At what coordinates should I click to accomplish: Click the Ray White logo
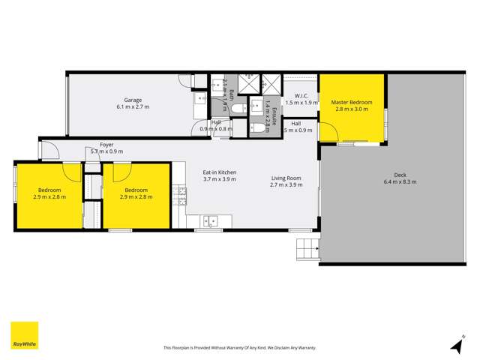pos(24,335)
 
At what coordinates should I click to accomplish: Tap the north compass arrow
pos(455,343)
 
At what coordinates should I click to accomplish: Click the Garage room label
pos(133,100)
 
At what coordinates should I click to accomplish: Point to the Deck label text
pos(400,174)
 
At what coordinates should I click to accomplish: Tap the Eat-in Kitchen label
pos(220,173)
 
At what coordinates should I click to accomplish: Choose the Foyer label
pos(106,143)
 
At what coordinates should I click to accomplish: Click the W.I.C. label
pos(302,95)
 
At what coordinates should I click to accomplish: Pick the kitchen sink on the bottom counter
pos(211,220)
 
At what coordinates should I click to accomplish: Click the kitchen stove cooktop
pos(180,196)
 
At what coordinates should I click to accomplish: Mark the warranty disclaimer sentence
pos(239,347)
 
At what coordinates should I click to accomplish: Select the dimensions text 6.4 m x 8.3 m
pos(400,181)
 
